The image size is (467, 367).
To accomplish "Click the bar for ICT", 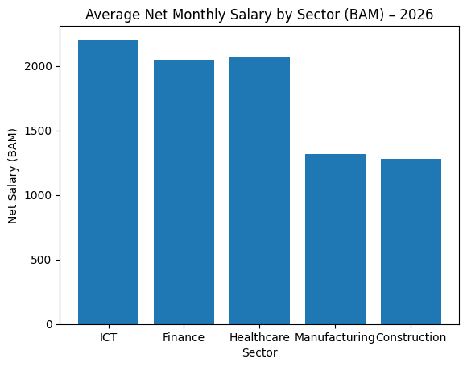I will click(108, 182).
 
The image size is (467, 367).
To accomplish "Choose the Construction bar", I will click(411, 241).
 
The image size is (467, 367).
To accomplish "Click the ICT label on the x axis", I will click(108, 337).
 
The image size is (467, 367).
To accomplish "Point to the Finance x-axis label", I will click(184, 337).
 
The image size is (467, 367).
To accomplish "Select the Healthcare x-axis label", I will click(259, 337).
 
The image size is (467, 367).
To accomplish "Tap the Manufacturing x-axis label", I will click(335, 337).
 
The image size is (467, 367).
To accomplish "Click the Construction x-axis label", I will click(411, 337).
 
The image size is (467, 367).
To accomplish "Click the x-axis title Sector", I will click(259, 353).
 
